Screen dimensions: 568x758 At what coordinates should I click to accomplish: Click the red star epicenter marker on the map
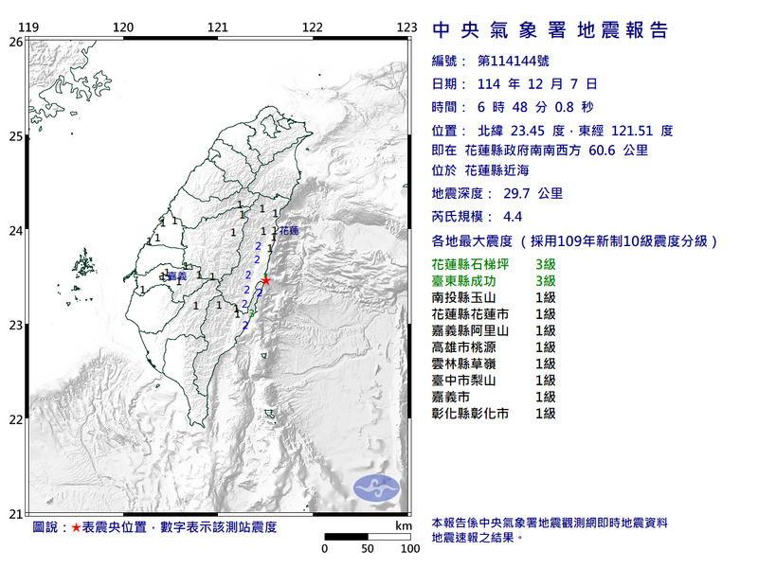(266, 280)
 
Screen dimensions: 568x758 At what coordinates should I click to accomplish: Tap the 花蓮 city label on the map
(288, 230)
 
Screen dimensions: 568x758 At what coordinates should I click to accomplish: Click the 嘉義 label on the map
(175, 276)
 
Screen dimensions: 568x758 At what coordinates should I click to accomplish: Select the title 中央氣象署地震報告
(550, 31)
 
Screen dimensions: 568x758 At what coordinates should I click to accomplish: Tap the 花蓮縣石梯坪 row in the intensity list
(471, 264)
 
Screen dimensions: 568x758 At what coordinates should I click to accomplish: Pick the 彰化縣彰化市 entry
(471, 414)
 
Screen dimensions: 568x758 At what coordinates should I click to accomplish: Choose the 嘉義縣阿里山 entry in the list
(471, 330)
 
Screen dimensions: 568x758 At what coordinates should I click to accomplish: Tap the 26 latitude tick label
(16, 42)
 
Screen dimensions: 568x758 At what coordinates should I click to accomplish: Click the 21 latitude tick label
(16, 514)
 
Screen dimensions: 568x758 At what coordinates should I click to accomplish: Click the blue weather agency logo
(377, 488)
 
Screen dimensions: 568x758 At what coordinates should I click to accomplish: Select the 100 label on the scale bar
(409, 548)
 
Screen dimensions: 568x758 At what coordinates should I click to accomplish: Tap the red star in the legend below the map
(77, 526)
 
